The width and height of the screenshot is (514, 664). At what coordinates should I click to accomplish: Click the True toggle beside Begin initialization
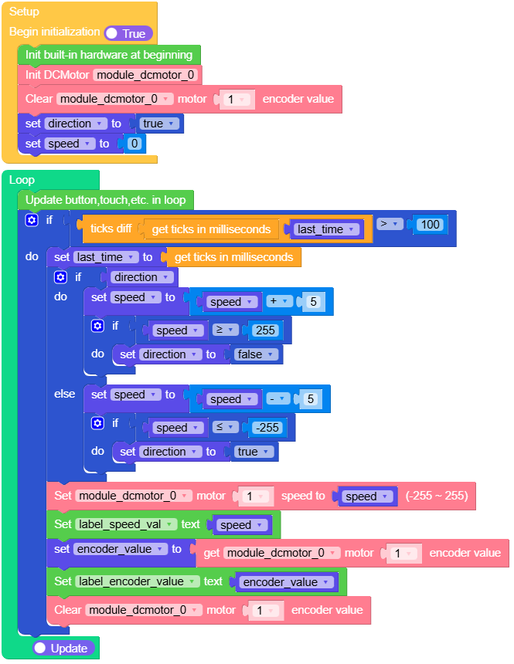128,33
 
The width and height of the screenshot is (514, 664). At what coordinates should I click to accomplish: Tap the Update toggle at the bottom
64,648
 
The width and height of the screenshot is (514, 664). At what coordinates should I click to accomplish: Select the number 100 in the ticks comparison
429,225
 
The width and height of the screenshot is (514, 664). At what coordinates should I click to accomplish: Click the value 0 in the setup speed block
134,144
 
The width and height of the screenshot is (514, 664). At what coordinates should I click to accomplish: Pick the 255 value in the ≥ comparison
264,330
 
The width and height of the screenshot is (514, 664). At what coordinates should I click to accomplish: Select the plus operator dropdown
278,302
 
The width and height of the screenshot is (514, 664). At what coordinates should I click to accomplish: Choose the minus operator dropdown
278,399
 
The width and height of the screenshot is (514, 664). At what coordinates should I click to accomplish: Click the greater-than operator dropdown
390,224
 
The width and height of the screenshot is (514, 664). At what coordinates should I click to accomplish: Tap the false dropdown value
254,354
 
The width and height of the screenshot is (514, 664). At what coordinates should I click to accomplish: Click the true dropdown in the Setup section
157,124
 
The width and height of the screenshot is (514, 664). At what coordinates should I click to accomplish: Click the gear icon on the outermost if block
31,220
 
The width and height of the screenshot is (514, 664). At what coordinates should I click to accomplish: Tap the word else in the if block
65,394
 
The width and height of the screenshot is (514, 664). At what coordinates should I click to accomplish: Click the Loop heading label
22,180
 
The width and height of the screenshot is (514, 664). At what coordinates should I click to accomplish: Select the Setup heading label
24,12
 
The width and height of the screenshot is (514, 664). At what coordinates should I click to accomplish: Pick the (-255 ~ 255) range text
437,496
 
